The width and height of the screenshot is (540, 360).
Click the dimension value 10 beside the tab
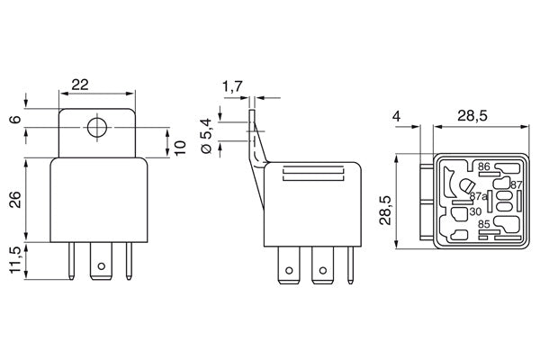pyautogui.click(x=182, y=147)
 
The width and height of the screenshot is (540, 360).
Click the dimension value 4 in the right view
pyautogui.click(x=396, y=116)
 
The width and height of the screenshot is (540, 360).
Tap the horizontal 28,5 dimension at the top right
pyautogui.click(x=472, y=116)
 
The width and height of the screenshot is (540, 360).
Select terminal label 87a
pyautogui.click(x=478, y=196)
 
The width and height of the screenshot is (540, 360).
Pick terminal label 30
pyautogui.click(x=473, y=212)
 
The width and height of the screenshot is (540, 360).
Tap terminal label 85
pyautogui.click(x=483, y=225)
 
